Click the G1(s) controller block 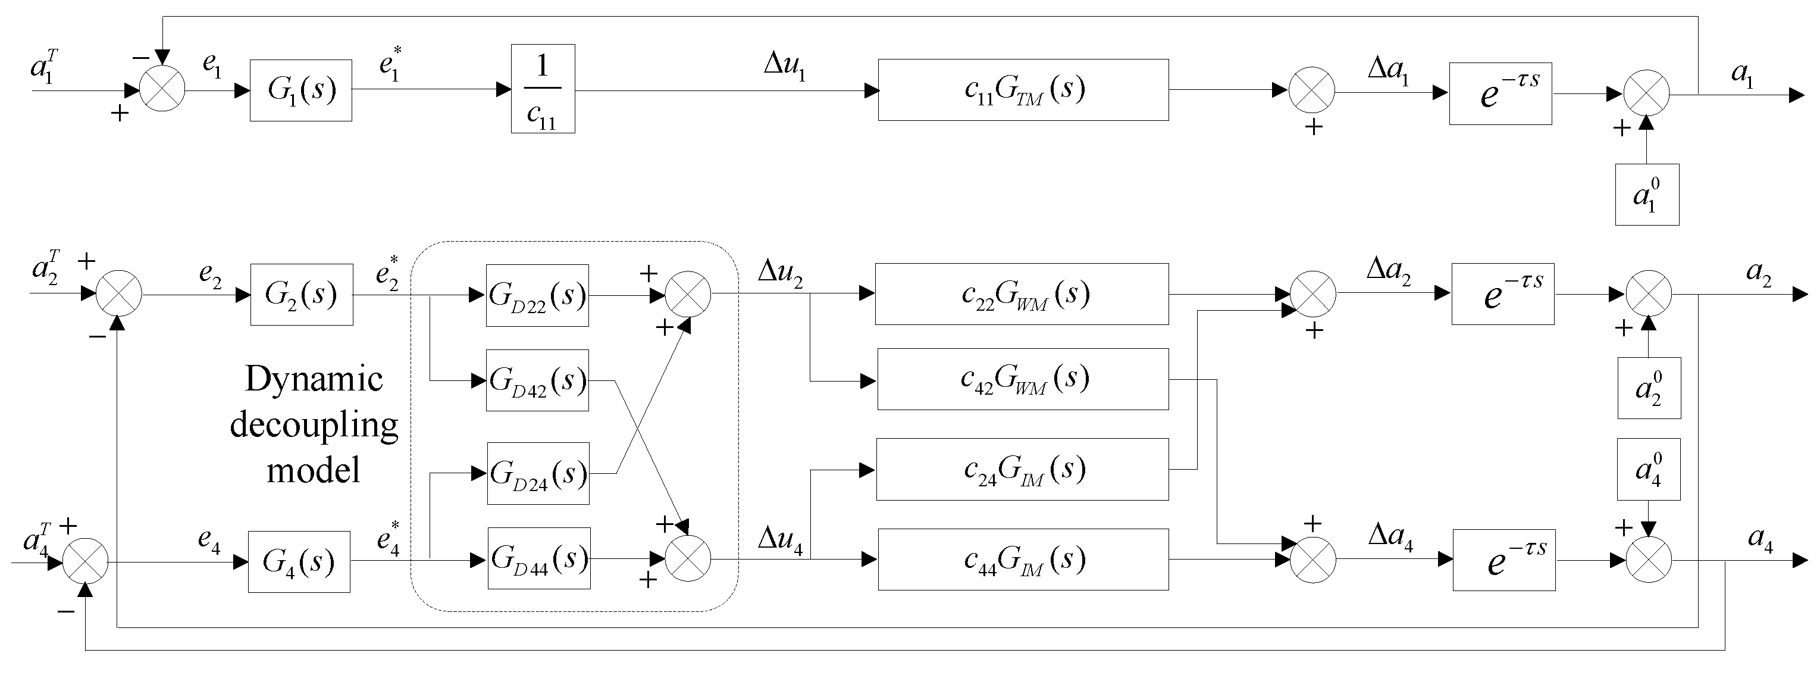pos(300,90)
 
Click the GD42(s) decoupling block pos(537,380)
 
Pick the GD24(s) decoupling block pos(538,473)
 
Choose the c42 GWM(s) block pos(1022,379)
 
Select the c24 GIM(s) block pos(1022,470)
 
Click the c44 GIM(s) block pos(1022,559)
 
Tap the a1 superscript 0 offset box pos(1646,195)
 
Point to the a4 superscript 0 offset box pos(1648,470)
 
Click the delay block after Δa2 pos(1502,294)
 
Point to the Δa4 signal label pos(1390,536)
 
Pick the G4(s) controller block pos(299,561)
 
